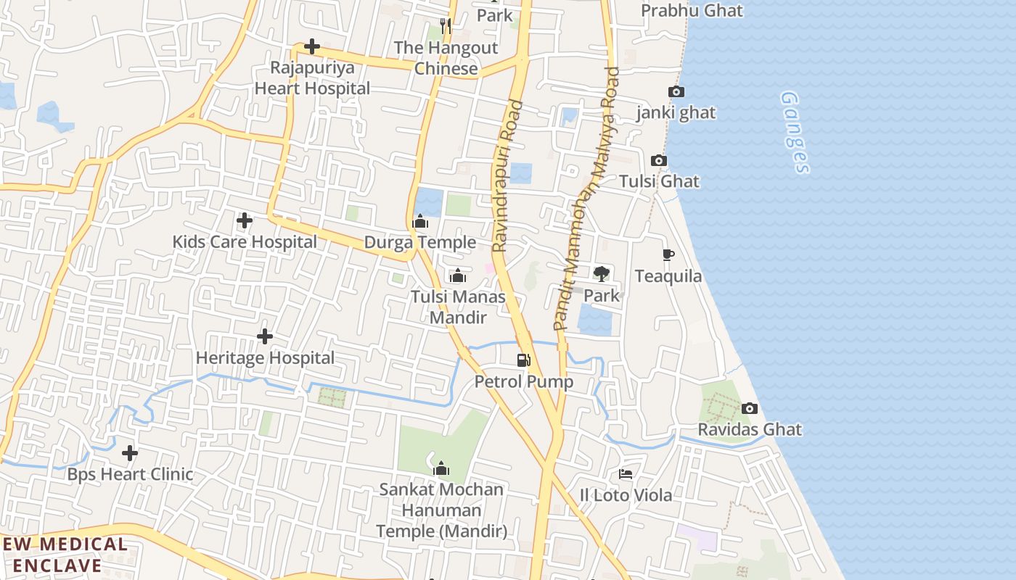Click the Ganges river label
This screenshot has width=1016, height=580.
point(795,132)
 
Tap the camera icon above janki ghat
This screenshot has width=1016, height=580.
point(676,92)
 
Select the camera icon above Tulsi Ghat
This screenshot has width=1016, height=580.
point(658,161)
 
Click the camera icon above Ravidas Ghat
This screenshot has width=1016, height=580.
point(750,409)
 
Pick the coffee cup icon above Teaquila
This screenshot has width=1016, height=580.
point(668,255)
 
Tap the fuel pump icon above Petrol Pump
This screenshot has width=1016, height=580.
point(523,360)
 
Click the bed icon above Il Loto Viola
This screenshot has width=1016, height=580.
point(626,474)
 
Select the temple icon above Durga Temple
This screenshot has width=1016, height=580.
point(420,221)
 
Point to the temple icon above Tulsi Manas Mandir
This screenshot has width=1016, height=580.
point(458,275)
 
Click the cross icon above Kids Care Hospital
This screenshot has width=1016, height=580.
point(245,220)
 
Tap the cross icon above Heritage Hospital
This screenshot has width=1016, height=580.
point(265,336)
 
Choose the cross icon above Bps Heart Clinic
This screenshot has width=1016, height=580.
point(130,454)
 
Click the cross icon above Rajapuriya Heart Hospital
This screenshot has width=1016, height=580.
point(312,47)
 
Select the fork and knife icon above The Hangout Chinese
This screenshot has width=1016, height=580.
point(446,27)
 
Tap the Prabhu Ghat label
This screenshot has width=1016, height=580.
point(692,11)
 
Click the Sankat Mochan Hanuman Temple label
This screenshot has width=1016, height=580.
point(441,510)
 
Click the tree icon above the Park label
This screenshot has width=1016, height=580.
point(601,273)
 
